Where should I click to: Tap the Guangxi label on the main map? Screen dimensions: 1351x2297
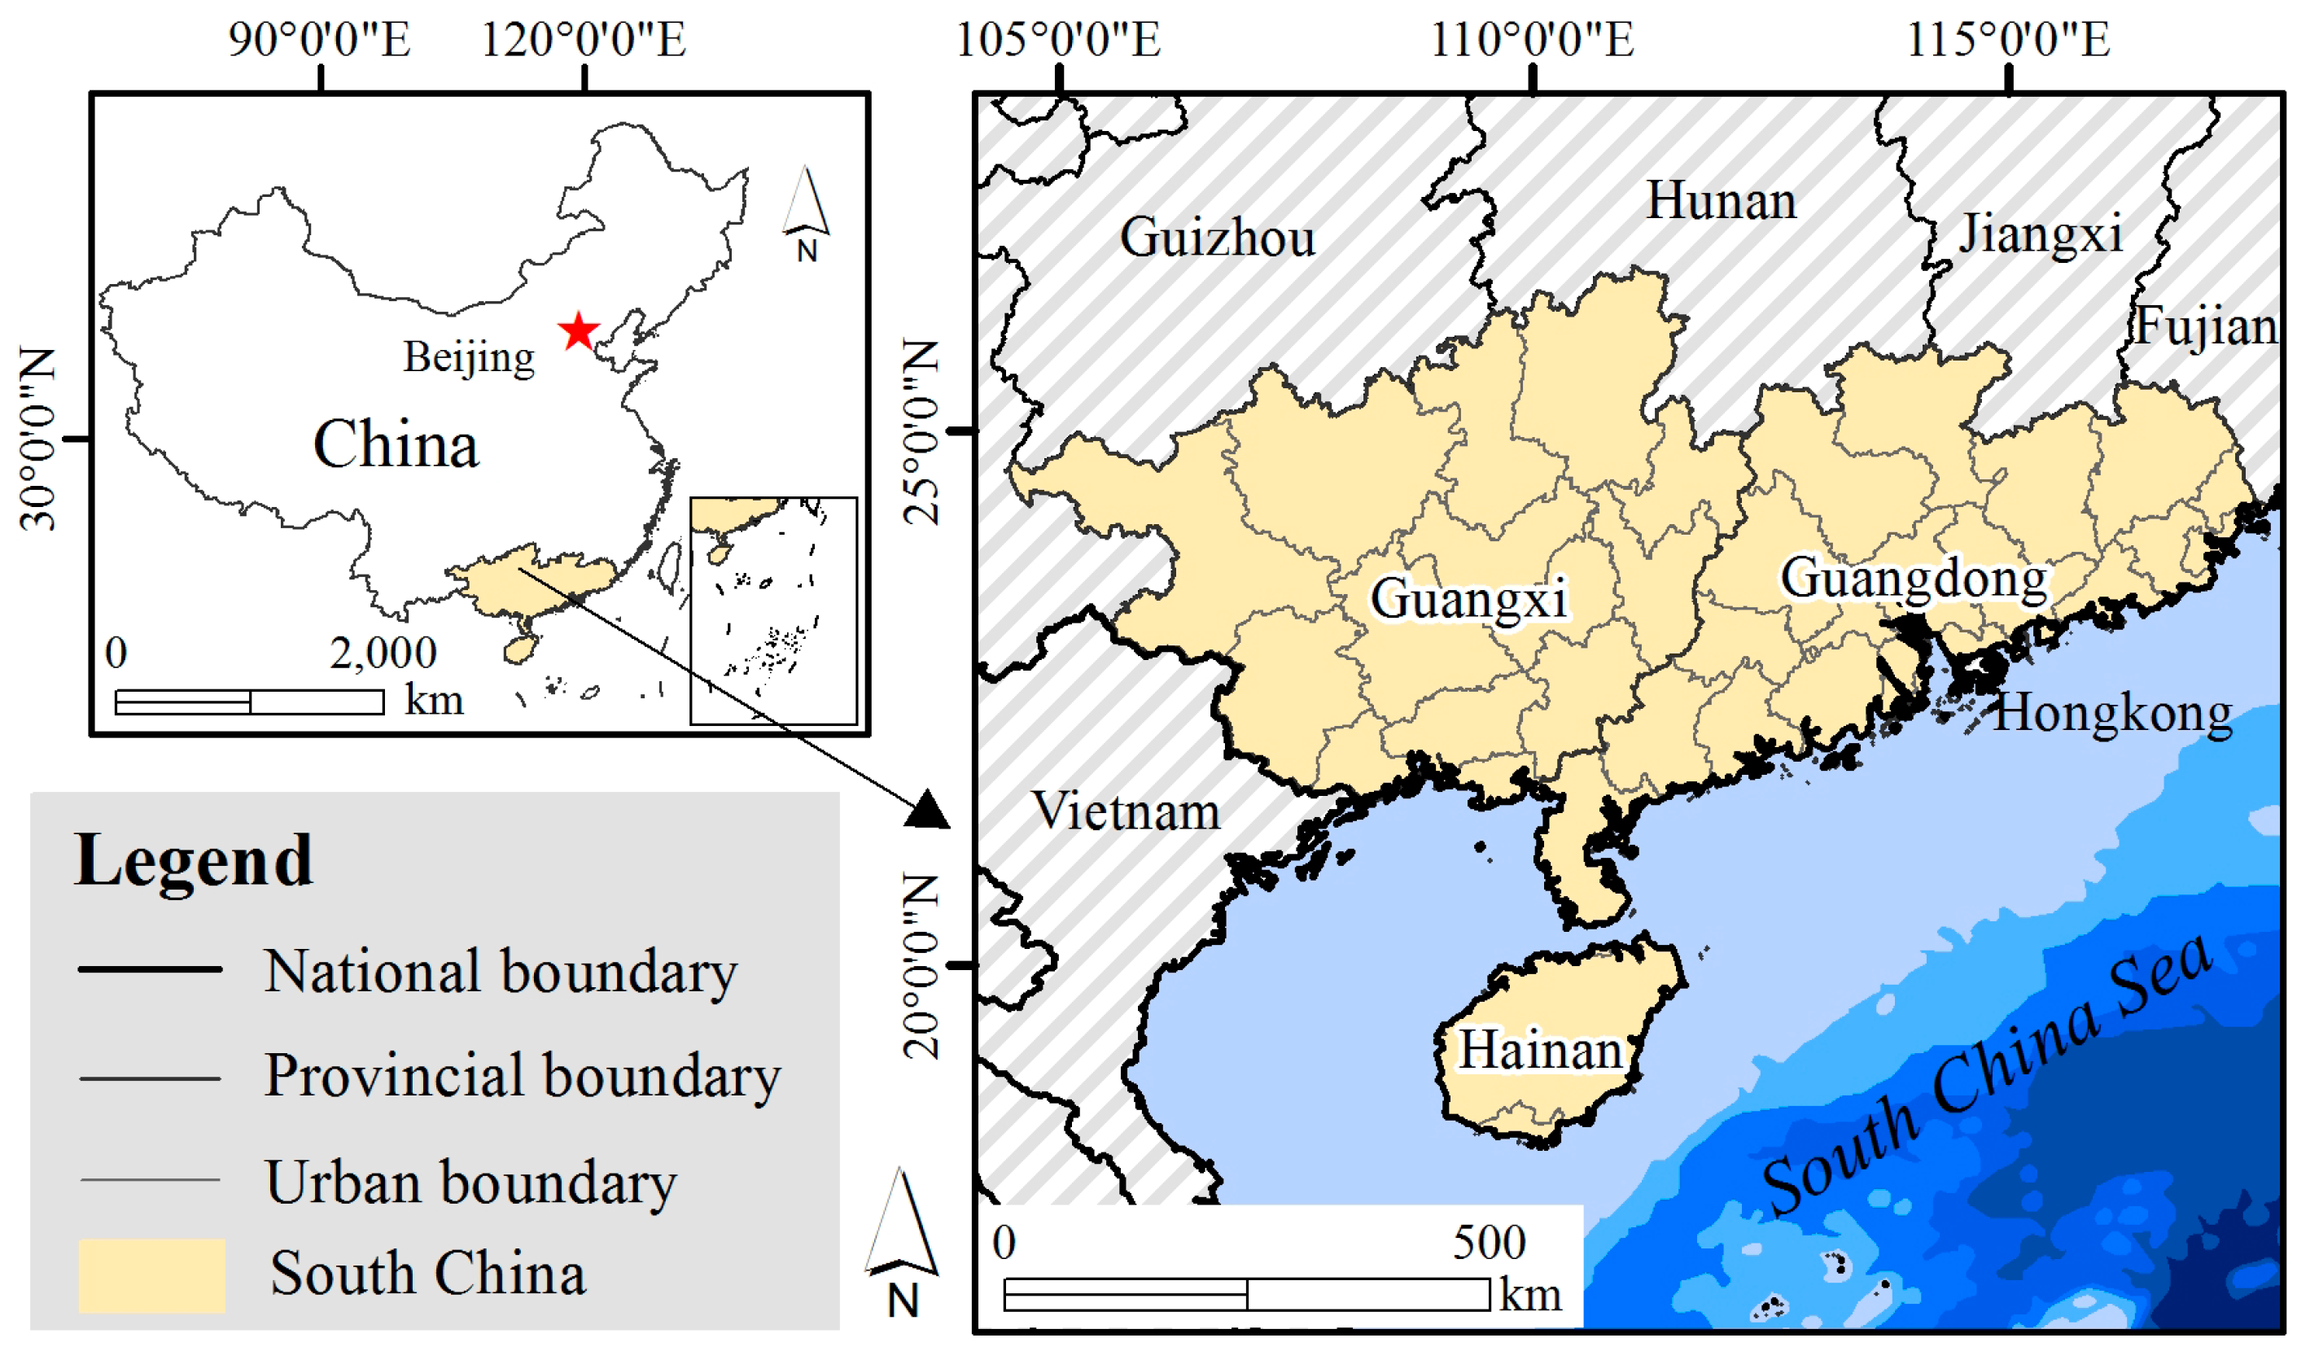[x=1468, y=599]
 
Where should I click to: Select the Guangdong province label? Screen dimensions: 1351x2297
[x=1914, y=578]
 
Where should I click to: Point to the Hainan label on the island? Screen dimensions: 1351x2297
[x=1541, y=1050]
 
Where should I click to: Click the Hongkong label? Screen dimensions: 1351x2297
[x=2113, y=713]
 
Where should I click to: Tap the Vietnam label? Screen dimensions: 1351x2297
[x=1126, y=811]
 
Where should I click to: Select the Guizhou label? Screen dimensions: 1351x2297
[x=1218, y=238]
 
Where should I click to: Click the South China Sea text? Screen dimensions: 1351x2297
[x=1987, y=1076]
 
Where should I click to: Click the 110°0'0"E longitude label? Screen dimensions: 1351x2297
[x=1532, y=40]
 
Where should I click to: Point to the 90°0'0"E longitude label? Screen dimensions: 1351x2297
[x=320, y=40]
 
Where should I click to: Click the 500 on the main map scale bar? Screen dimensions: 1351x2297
[x=1489, y=1243]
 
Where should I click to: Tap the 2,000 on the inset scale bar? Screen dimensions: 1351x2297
[x=383, y=653]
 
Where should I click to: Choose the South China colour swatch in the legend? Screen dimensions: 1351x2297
[x=151, y=1274]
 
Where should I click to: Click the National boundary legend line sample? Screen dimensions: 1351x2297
[x=151, y=969]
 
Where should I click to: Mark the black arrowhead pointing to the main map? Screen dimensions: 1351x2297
[x=927, y=810]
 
